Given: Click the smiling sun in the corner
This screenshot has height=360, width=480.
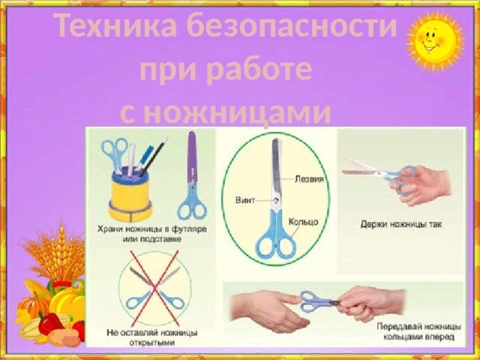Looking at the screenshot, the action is [435, 40].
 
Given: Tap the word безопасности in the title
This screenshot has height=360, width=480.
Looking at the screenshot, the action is [292, 26].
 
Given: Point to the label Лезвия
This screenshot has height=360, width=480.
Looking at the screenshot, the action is [309, 178].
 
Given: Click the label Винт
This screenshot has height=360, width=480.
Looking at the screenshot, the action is [245, 200].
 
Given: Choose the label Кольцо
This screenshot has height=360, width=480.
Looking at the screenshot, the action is [303, 222].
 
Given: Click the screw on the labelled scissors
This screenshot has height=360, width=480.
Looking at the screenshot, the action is [276, 200].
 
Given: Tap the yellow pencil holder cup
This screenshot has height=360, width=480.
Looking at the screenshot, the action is [130, 194].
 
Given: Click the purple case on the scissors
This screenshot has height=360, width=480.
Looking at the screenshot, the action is [192, 157].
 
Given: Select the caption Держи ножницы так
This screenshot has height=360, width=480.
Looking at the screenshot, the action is [401, 224].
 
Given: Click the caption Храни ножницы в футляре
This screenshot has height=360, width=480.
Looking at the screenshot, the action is [152, 229].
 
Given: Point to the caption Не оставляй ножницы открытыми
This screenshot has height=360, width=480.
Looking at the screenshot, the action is [152, 337].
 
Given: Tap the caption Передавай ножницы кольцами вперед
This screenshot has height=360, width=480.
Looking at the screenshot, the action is [418, 331].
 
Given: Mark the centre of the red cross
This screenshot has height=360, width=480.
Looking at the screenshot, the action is [155, 288].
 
